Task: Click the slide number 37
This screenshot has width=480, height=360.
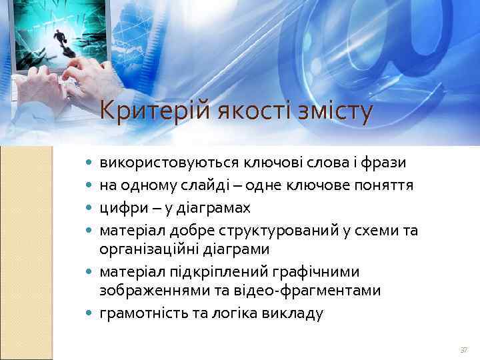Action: point(463,350)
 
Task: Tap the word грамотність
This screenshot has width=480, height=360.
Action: point(139,313)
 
